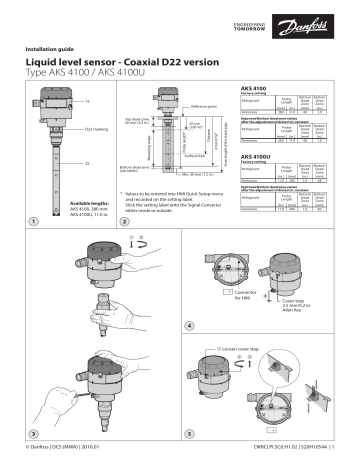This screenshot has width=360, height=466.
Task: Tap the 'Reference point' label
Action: [206, 104]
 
